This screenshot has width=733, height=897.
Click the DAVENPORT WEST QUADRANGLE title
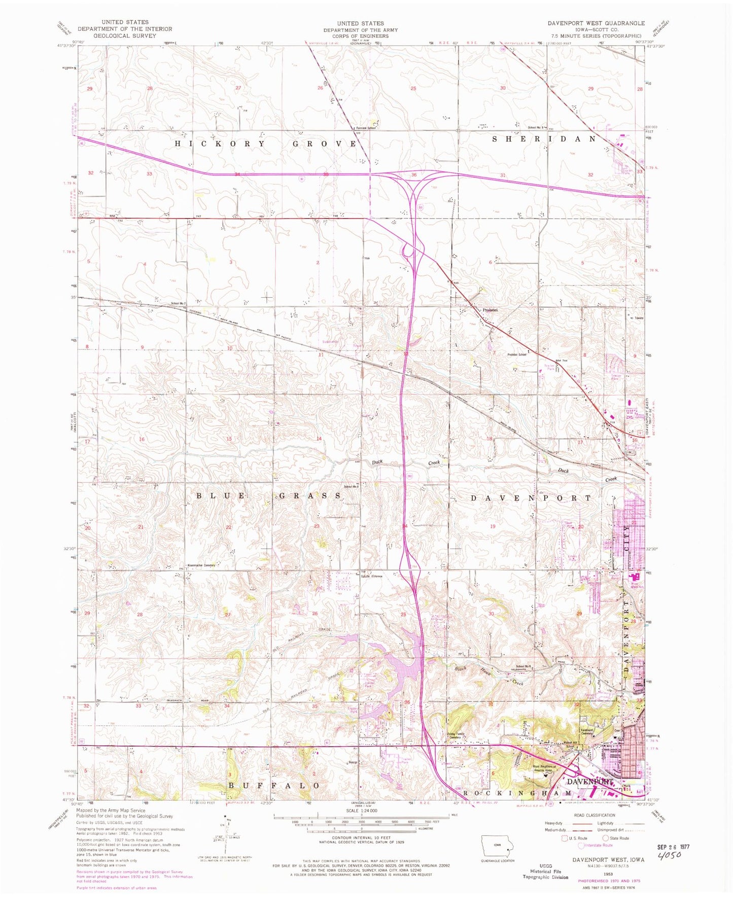(x=596, y=23)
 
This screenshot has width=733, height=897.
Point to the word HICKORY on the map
(x=220, y=144)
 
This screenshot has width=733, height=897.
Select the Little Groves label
(x=371, y=576)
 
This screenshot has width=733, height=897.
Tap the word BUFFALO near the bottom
(x=273, y=785)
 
